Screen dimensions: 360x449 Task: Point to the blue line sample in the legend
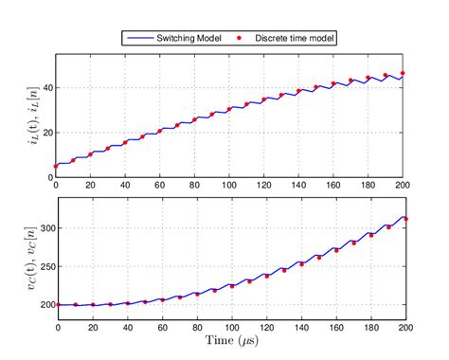(138, 38)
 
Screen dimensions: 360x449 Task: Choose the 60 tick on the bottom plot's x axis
(161, 327)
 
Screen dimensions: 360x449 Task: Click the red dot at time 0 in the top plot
(56, 166)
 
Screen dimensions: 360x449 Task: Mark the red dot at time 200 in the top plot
(404, 73)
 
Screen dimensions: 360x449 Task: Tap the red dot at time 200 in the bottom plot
(404, 219)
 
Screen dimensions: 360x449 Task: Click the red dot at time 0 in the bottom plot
(56, 305)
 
